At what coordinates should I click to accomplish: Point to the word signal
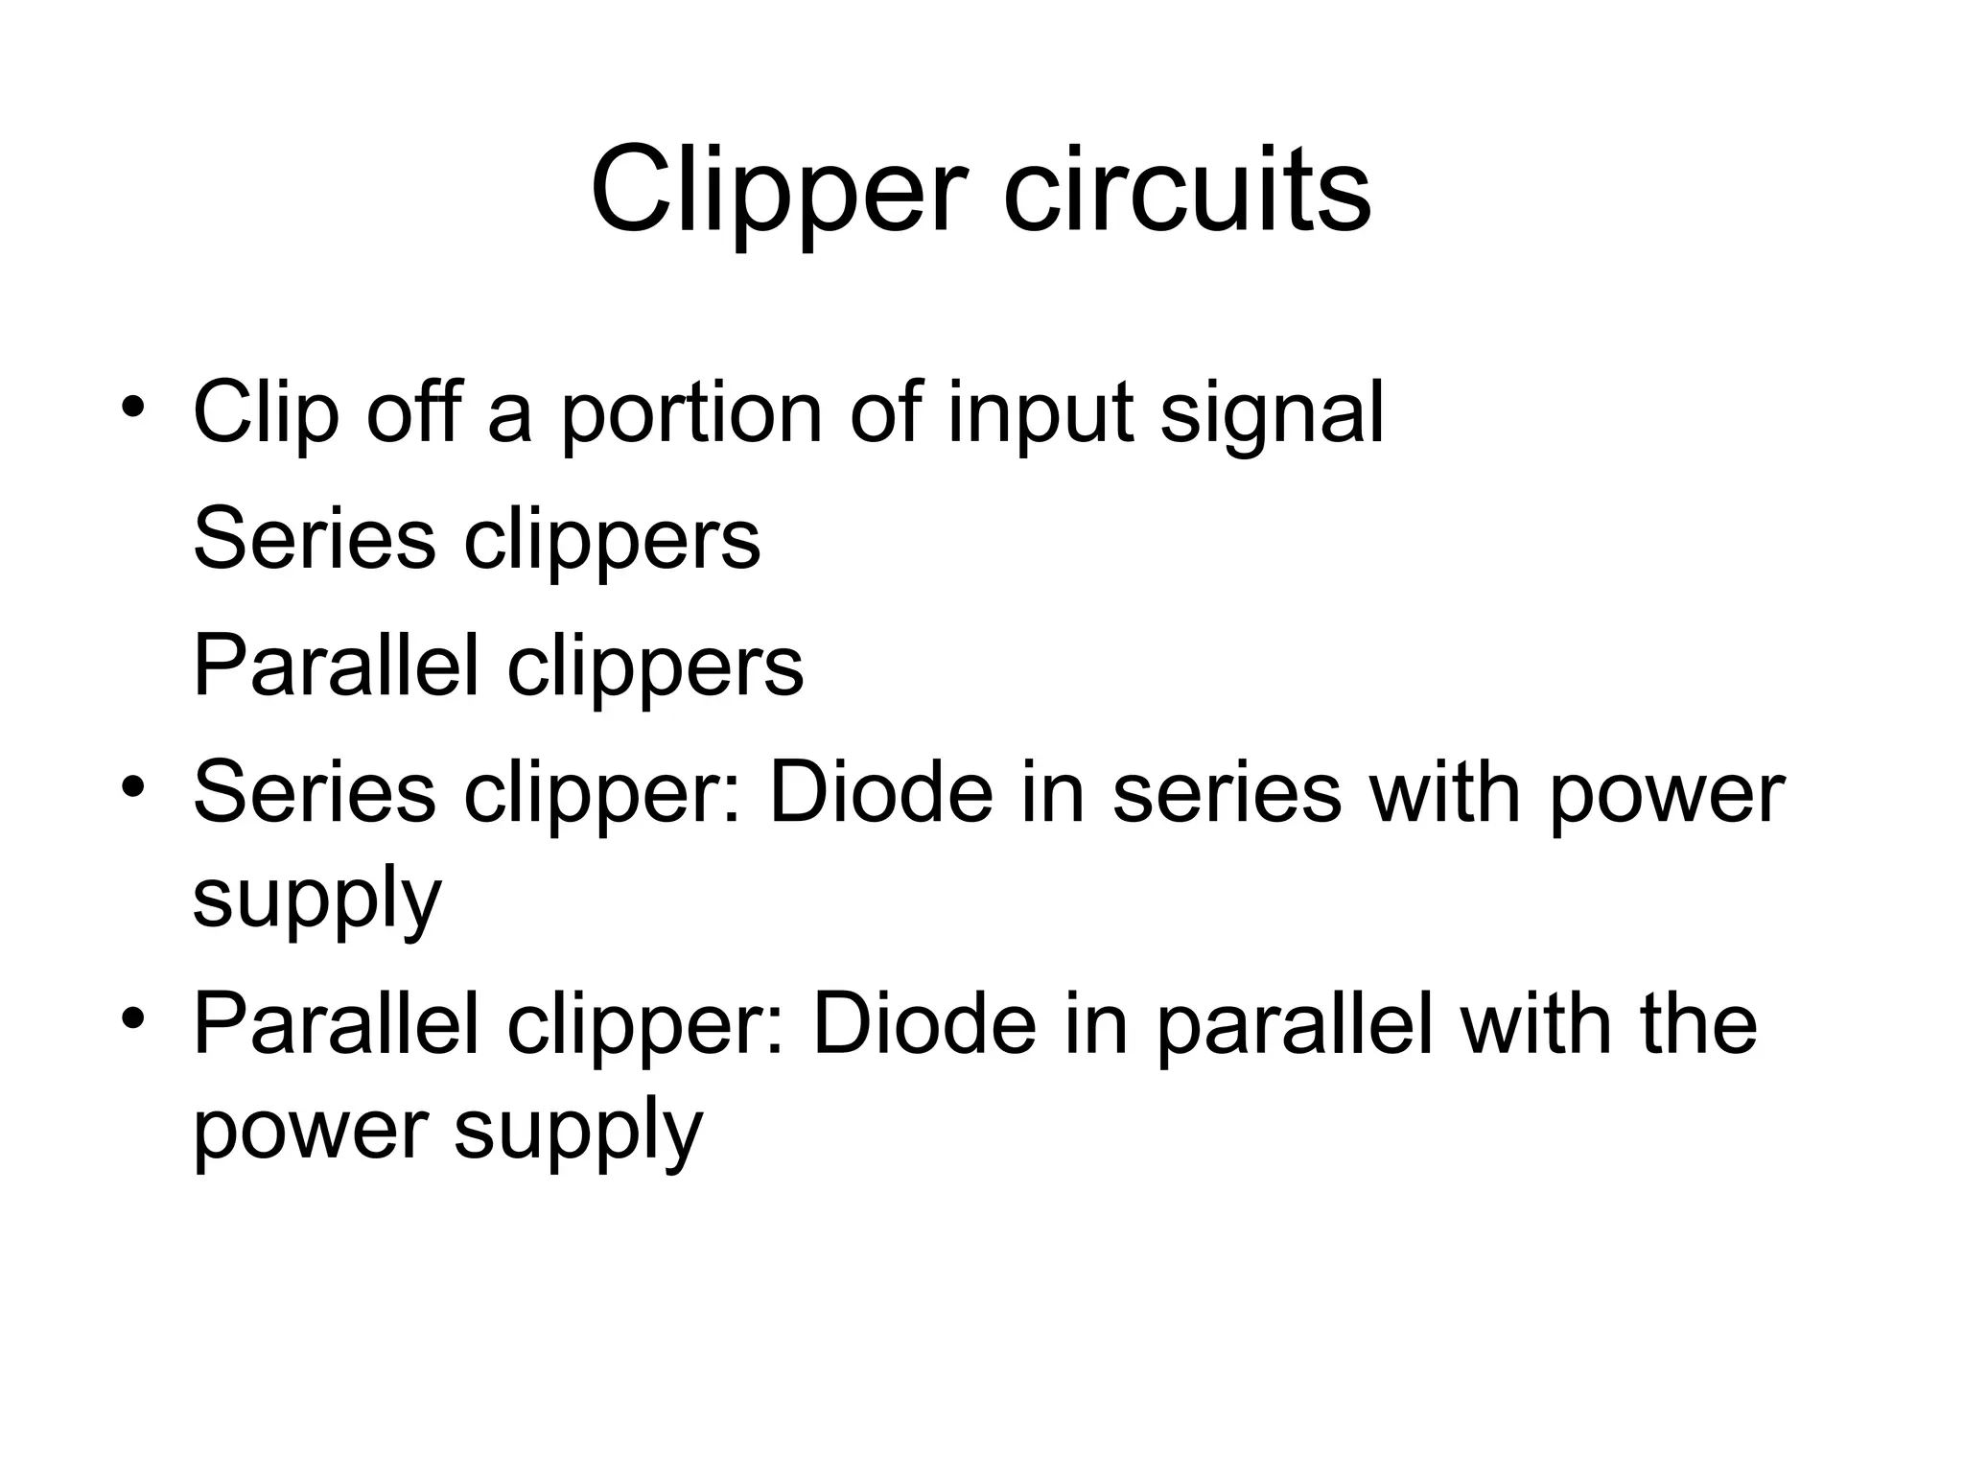point(1272,414)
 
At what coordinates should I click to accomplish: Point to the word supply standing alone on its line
point(316,901)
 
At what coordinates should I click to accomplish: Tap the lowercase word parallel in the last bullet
point(1295,1027)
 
